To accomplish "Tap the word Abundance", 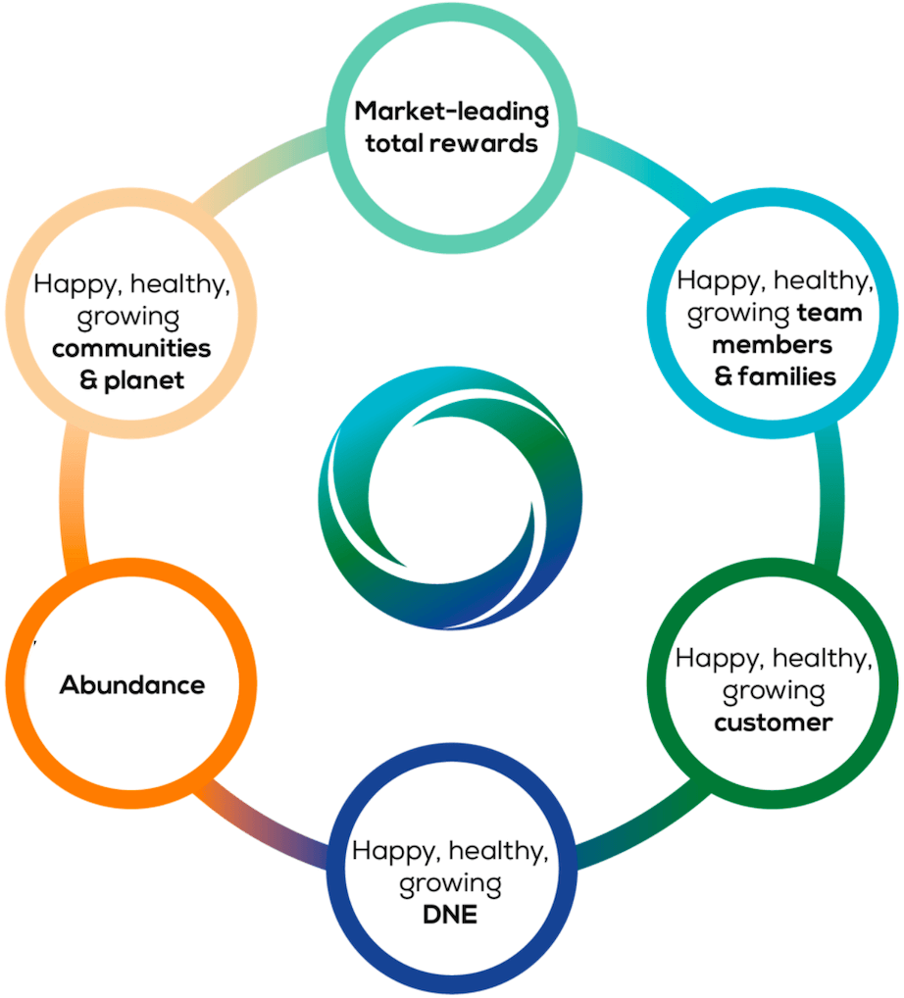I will pos(132,685).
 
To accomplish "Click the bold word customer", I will pos(774,724).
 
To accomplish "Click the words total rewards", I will pos(451,143).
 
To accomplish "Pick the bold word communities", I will pos(131,348).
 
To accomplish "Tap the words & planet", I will pos(131,380).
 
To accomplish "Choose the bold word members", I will pos(773,345).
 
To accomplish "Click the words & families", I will pos(775,376).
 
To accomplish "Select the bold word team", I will pos(830,314).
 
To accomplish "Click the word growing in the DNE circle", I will pos(450,884).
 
